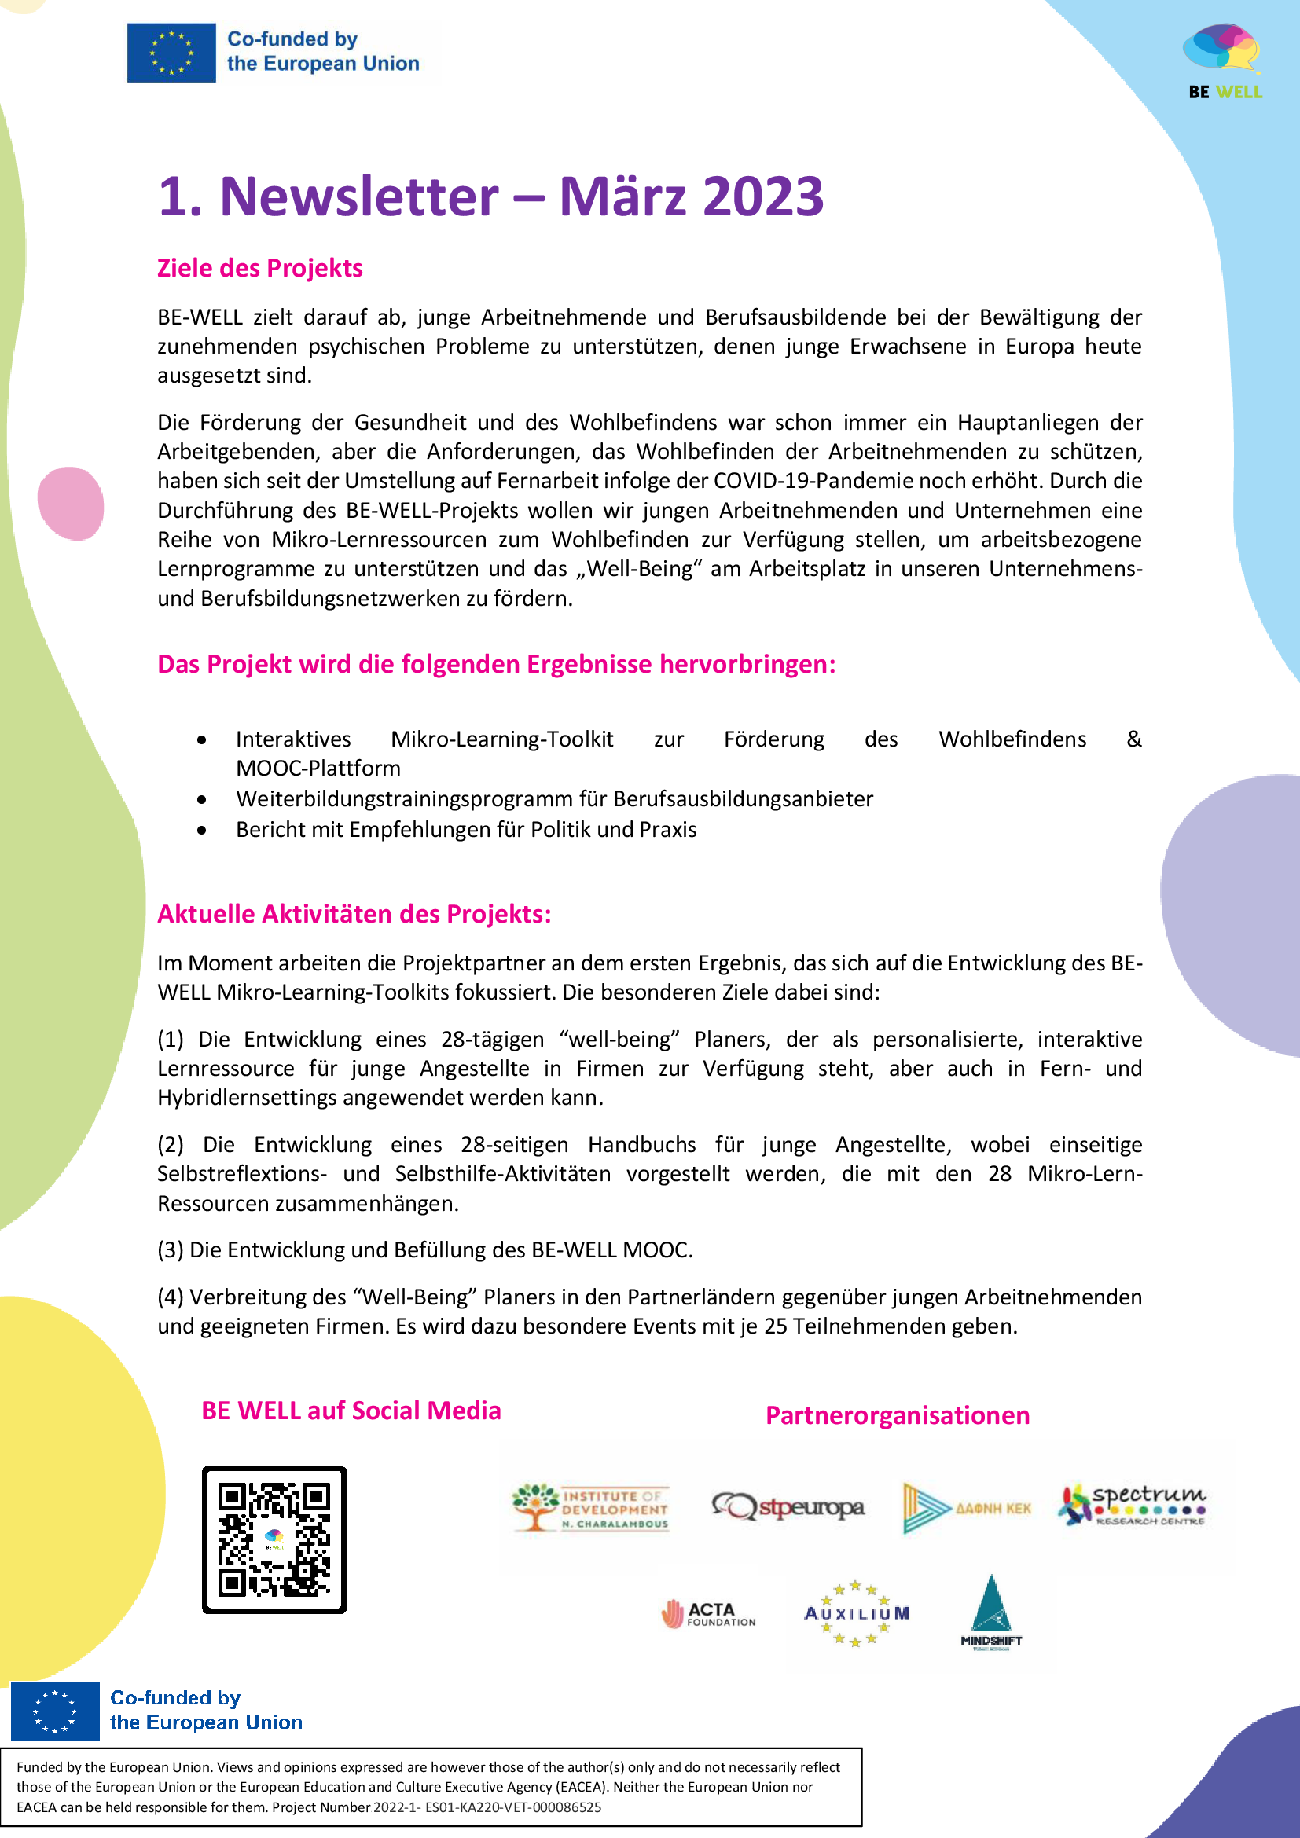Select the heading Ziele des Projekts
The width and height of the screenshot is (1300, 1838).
click(x=259, y=268)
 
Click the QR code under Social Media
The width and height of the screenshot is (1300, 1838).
click(x=274, y=1539)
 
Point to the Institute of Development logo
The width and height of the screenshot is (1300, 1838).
click(x=591, y=1508)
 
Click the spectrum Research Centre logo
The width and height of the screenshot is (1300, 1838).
click(x=1133, y=1506)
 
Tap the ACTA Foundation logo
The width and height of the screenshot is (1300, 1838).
click(x=708, y=1614)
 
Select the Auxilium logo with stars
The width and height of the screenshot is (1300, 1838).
click(x=856, y=1614)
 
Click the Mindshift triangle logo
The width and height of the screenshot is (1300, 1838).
click(x=991, y=1611)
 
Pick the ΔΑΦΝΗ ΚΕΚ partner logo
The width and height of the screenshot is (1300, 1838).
click(x=967, y=1508)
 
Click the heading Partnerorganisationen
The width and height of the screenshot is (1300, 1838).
click(x=898, y=1415)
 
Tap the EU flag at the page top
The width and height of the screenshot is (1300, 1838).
click(x=171, y=53)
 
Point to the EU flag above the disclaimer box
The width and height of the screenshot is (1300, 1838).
click(x=55, y=1712)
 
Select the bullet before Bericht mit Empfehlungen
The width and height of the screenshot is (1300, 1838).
click(x=202, y=830)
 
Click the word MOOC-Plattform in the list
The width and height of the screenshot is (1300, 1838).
click(x=318, y=769)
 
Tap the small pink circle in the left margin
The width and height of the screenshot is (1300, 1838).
click(x=72, y=504)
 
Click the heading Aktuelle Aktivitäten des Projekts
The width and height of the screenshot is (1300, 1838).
click(x=354, y=914)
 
